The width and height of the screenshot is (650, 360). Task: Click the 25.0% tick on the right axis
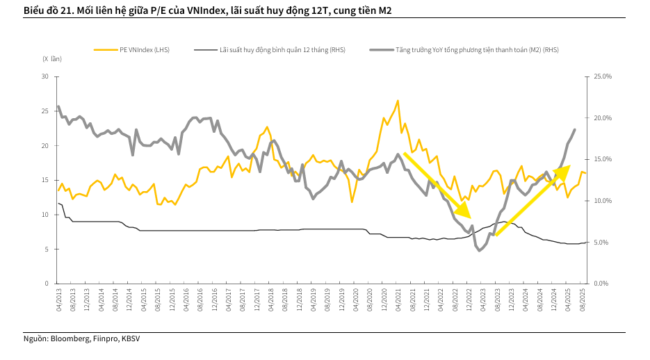(602, 76)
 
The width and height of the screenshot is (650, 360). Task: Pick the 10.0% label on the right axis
(602, 201)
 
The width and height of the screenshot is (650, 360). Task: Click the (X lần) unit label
(52, 60)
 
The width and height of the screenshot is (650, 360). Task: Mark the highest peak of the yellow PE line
(398, 101)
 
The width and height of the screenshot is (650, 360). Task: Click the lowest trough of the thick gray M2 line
(479, 250)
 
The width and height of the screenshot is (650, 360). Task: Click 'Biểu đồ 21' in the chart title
(46, 11)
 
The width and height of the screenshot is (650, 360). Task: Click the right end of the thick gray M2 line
(575, 129)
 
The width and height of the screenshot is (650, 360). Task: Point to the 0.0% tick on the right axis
(602, 284)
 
